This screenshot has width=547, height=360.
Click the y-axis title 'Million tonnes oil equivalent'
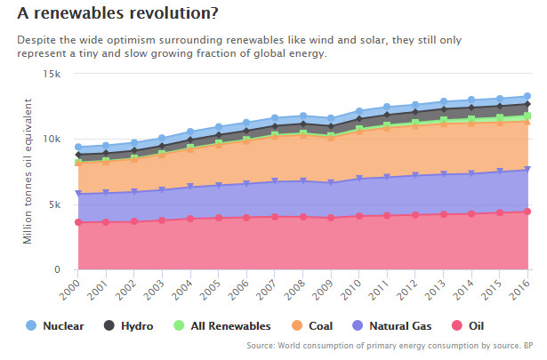tap(28, 172)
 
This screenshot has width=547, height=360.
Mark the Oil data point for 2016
tap(527, 212)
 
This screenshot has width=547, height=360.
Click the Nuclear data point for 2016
tap(527, 96)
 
